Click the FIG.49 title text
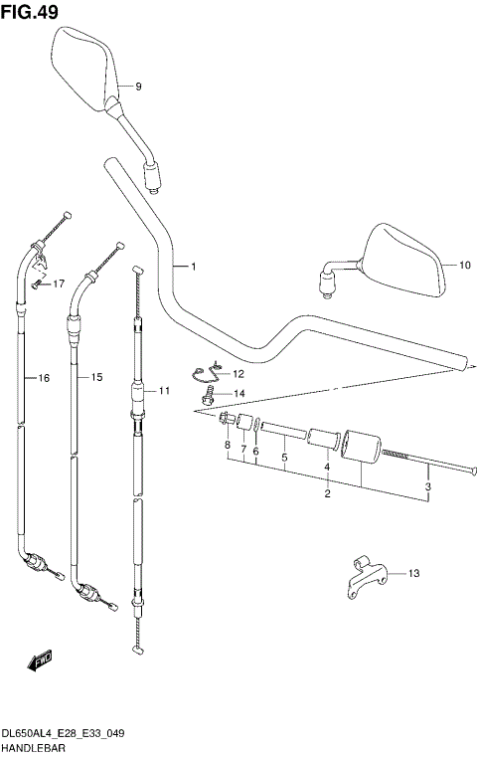click(30, 12)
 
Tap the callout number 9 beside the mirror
click(138, 87)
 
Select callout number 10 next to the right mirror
click(464, 265)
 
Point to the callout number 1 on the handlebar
click(194, 267)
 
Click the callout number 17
click(59, 284)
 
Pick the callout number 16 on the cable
click(44, 378)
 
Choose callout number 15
click(97, 377)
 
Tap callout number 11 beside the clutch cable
click(165, 391)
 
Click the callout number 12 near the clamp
click(238, 374)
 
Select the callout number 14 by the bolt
click(239, 394)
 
